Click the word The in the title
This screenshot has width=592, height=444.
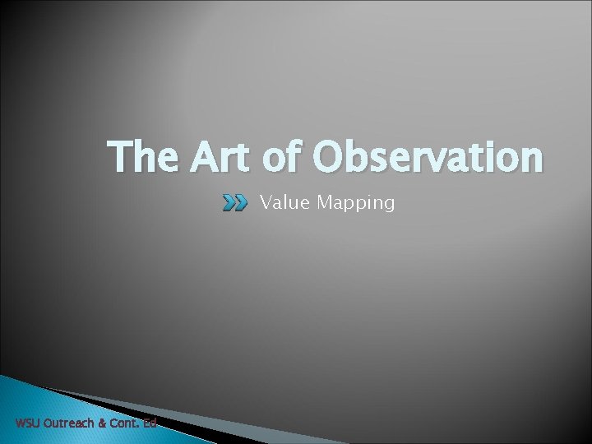pos(146,157)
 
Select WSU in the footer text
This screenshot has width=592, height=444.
pos(28,424)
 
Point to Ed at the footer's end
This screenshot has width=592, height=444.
pos(150,424)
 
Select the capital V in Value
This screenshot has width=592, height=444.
pos(266,202)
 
